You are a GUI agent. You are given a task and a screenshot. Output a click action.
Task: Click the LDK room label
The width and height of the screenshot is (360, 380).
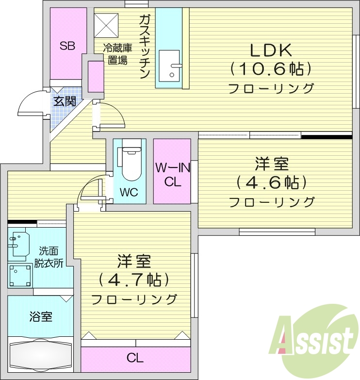pos(270,50)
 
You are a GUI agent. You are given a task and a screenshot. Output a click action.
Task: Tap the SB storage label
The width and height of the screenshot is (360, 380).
pos(67,46)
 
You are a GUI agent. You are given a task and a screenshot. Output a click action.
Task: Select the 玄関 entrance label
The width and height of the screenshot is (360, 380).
pos(64,101)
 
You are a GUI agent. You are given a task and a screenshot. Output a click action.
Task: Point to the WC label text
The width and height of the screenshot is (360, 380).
pos(129,192)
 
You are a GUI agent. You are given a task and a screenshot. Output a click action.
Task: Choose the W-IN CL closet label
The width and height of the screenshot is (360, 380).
pos(172,175)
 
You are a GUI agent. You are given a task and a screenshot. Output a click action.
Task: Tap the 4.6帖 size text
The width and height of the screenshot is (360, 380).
pos(271,183)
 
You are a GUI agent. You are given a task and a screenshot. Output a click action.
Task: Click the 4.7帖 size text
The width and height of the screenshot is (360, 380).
pos(133,280)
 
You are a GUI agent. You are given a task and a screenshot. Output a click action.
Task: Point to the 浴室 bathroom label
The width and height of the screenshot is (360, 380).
pos(41,317)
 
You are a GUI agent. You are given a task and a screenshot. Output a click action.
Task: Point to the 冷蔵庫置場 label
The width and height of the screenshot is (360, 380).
pos(117,54)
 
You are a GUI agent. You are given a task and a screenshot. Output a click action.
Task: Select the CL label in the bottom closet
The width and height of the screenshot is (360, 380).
pos(135,359)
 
